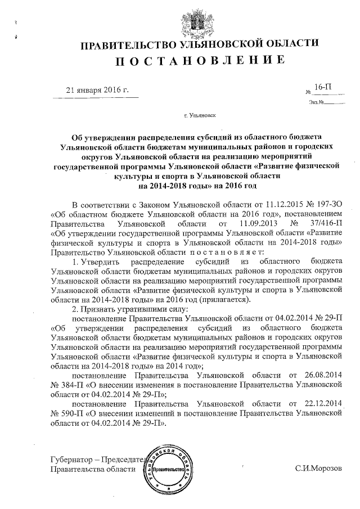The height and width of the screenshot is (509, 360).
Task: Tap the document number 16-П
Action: tap(323, 88)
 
